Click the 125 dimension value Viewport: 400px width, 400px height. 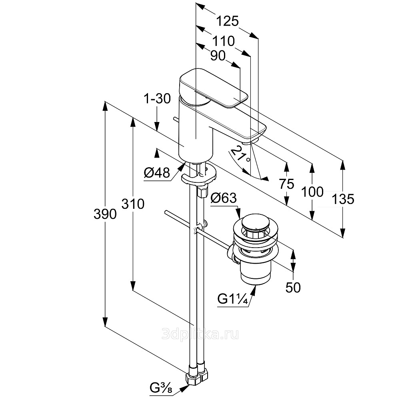tap(227, 20)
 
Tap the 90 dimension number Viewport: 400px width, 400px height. tap(218, 56)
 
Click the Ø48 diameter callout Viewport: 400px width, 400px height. tap(157, 173)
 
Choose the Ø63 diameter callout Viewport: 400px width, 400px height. tap(224, 198)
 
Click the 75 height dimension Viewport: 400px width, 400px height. tap(286, 184)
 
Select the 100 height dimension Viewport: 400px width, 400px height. tap(312, 192)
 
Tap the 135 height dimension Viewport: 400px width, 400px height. tap(343, 199)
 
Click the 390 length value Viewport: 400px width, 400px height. tap(105, 214)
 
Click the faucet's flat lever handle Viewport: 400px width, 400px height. tap(212, 87)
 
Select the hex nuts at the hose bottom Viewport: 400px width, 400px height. tap(198, 376)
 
